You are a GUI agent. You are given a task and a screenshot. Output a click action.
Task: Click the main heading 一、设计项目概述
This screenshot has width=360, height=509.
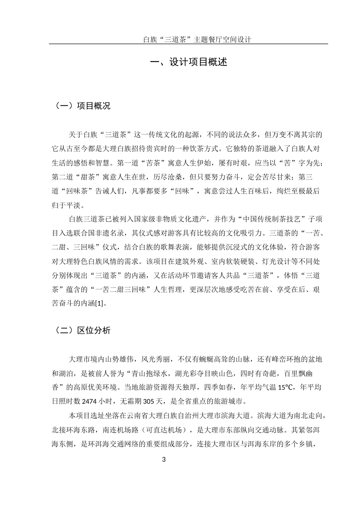point(188,62)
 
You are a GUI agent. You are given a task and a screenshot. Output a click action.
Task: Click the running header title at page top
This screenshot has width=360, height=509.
point(197,39)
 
